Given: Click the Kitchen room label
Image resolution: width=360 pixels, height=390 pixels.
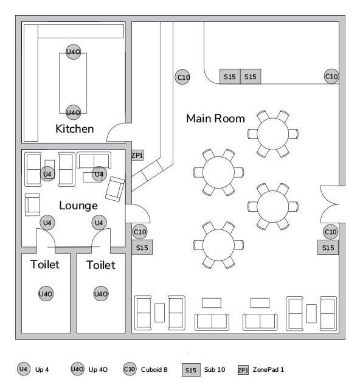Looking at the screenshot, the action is coord(75,129).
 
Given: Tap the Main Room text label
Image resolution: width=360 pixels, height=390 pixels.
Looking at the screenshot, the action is coord(215,119).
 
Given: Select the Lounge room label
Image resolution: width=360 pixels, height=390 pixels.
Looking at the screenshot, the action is coord(78,206).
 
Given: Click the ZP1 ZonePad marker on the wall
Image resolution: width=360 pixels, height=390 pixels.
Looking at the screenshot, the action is coord(137,155).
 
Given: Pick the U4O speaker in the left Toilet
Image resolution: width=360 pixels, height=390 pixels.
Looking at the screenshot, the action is coord(46,294).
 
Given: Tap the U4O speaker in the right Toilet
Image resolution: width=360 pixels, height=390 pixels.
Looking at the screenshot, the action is coord(101,294).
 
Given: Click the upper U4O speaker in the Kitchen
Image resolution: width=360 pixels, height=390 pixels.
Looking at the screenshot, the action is coord(74,52).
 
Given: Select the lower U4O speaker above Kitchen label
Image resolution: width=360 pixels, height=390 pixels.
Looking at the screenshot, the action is coord(74,113).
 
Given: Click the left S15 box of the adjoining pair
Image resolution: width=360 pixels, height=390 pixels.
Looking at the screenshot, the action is coord(230,77).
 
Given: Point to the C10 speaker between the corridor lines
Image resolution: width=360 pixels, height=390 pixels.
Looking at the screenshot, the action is coord(182,77).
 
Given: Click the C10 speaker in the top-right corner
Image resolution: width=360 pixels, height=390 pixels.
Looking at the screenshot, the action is coord(331,77).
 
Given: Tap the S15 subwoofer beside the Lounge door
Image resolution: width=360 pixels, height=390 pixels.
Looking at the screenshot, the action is coord(142,248).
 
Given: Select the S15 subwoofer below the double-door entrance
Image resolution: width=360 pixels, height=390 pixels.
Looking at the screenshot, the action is coord(328,248).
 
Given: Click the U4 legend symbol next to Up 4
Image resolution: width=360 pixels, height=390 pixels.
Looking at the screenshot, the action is coord(24,369).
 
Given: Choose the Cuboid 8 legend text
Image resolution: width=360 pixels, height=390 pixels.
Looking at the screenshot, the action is coord(154,369).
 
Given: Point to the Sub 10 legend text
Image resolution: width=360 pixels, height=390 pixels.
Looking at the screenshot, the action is coord(215,369).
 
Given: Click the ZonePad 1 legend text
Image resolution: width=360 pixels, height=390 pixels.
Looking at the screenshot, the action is coord(268,369).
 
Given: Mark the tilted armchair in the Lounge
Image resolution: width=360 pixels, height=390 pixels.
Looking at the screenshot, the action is coord(115,189).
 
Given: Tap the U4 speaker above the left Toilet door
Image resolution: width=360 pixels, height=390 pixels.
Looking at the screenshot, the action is coord(47,223).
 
